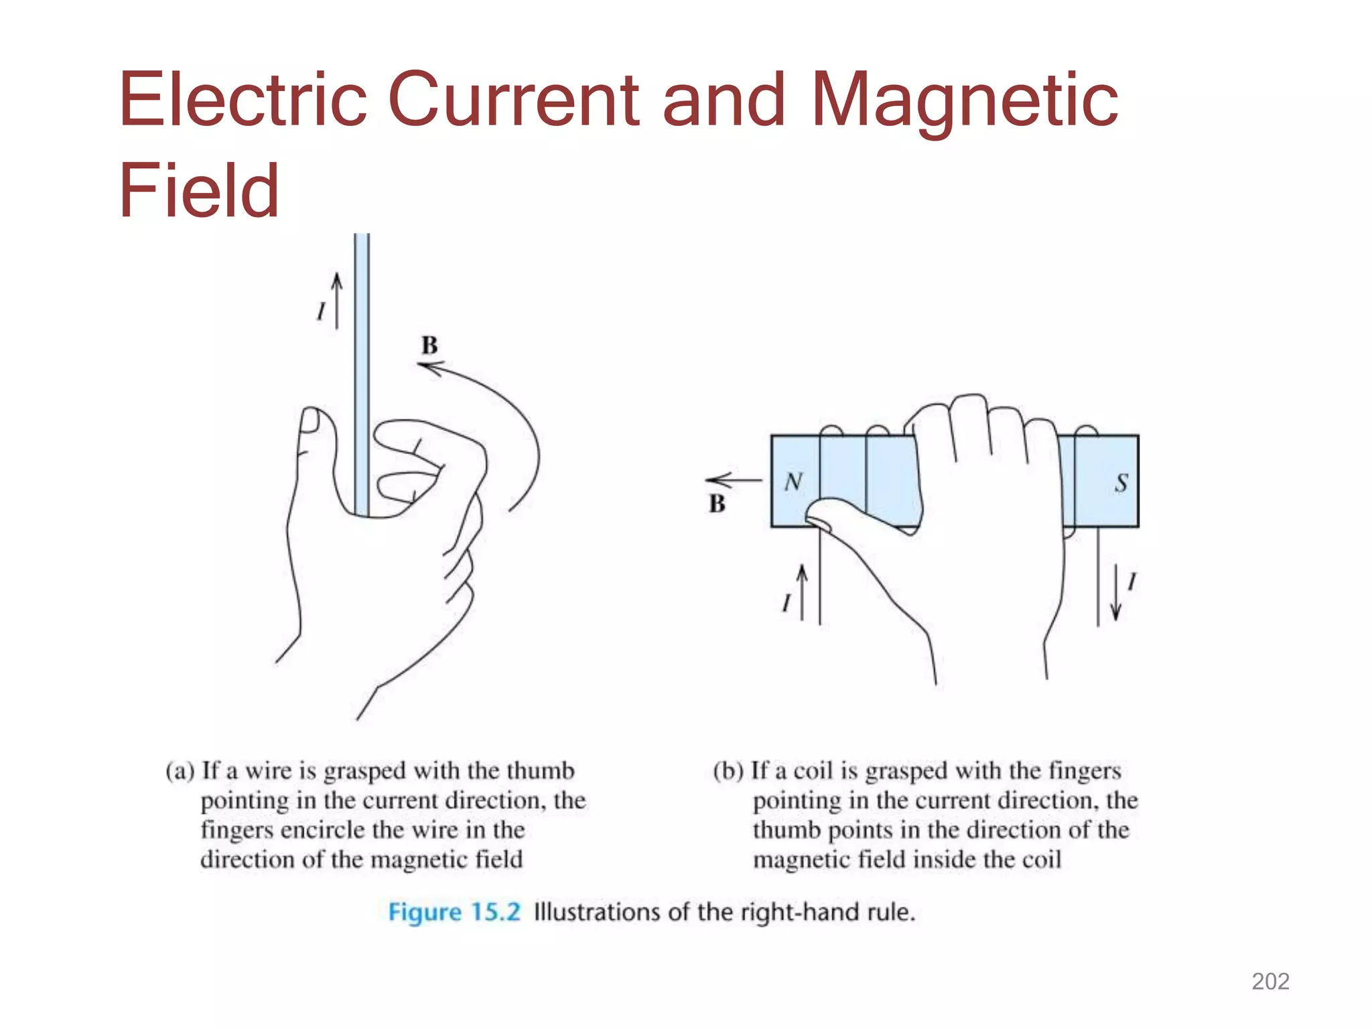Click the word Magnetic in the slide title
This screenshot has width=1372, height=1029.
[x=965, y=100]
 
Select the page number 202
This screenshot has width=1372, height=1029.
[x=1270, y=981]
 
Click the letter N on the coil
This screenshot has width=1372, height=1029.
[x=794, y=481]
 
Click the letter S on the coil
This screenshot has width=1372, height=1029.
[x=1121, y=482]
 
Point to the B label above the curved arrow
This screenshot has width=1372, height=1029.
[x=429, y=346]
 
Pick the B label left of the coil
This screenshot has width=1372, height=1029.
[x=717, y=504]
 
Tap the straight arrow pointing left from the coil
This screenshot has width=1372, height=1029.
[x=734, y=480]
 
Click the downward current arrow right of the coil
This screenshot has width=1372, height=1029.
[x=1115, y=593]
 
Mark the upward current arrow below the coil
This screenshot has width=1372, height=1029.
[x=802, y=592]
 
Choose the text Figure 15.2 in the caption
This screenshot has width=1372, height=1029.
[x=454, y=912]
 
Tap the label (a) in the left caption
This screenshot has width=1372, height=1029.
[x=180, y=771]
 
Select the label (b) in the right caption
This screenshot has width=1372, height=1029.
[x=728, y=771]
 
